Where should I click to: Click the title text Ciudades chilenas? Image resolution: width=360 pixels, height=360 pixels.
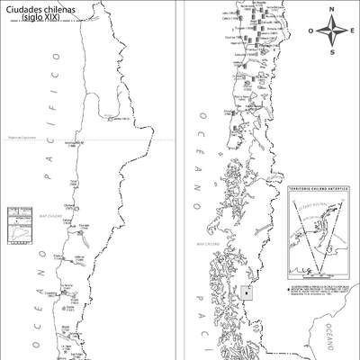37,9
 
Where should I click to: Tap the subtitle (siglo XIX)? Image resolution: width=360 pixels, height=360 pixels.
37,18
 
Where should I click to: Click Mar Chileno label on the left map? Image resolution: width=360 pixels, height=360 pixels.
49,216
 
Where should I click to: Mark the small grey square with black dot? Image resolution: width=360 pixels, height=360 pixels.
247,292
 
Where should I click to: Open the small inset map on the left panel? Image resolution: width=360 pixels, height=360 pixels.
17,225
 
